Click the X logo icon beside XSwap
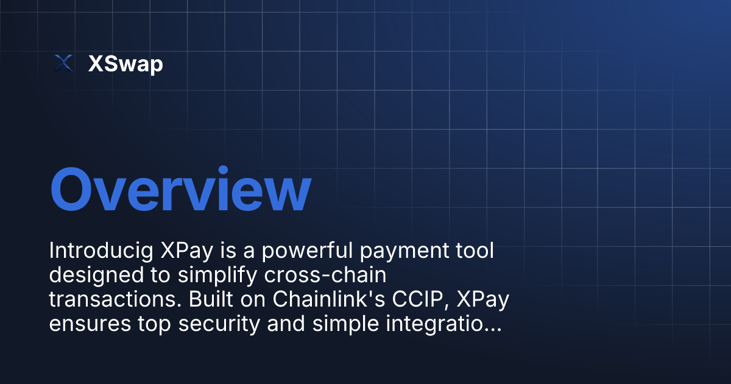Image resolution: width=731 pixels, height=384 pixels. click(x=63, y=63)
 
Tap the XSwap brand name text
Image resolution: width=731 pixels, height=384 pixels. click(x=125, y=63)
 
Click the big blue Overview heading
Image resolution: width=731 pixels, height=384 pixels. click(x=180, y=190)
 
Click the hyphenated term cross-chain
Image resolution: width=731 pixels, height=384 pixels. click(x=325, y=276)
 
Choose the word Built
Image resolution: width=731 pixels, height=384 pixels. click(x=209, y=300)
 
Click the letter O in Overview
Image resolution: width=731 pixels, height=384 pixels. click(x=72, y=190)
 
